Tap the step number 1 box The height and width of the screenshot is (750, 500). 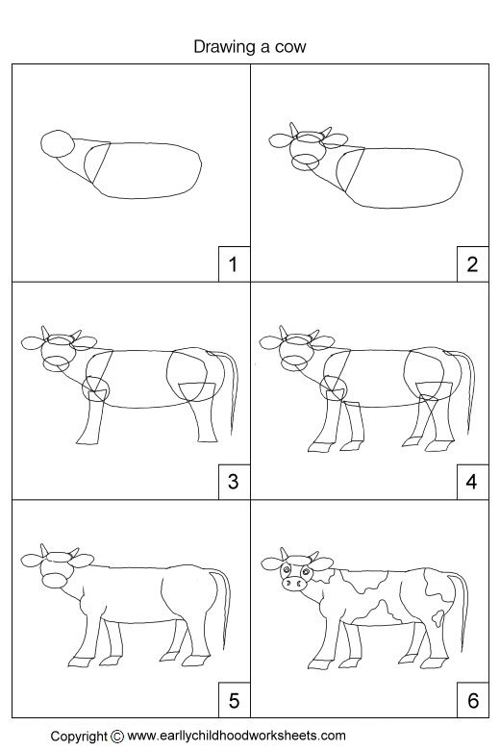(231, 263)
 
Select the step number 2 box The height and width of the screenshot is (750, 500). (471, 263)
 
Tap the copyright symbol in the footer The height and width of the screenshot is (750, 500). (117, 737)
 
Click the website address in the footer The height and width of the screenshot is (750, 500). (237, 736)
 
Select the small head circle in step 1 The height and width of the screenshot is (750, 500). (57, 145)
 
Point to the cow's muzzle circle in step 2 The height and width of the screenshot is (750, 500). (308, 161)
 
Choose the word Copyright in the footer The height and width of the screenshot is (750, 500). (80, 737)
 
